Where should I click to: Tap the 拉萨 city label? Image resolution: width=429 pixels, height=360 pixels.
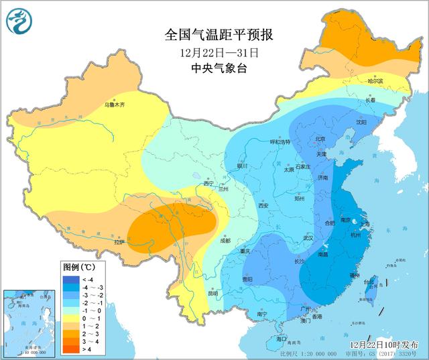click(x=119, y=242)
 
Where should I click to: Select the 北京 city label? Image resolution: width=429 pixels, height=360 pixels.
click(x=320, y=139)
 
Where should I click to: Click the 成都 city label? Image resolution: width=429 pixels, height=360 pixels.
click(x=223, y=240)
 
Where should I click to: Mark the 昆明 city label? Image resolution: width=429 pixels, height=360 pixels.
click(x=212, y=293)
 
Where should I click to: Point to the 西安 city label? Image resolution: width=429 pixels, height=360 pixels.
click(x=263, y=206)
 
